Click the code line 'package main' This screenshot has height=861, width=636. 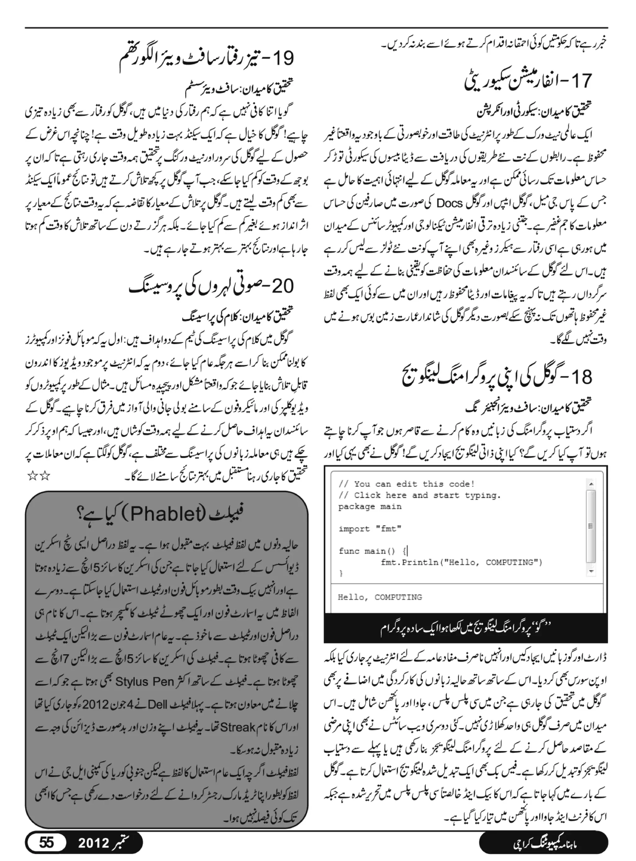(370, 507)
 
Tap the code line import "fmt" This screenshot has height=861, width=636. (370, 529)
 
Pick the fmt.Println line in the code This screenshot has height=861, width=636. (461, 562)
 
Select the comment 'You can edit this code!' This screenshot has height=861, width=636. (407, 484)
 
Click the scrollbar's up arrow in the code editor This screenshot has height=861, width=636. (591, 484)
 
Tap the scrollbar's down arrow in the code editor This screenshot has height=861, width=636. (591, 572)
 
